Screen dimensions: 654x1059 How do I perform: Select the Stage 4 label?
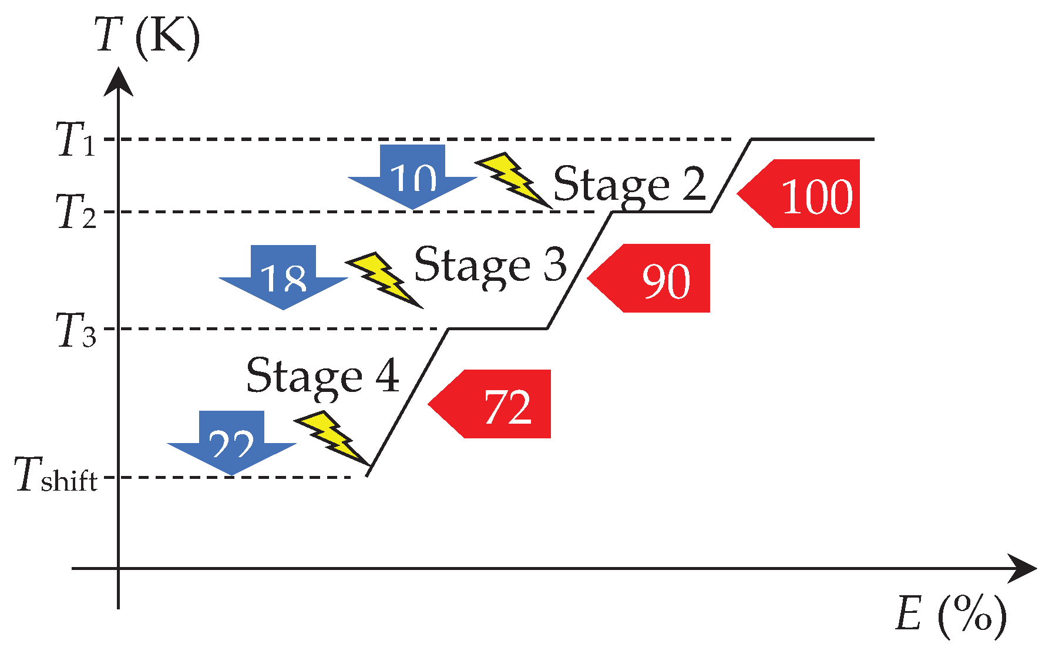point(322,376)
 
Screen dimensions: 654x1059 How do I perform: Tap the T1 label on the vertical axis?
point(75,140)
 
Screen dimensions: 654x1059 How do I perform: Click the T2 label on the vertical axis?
point(75,212)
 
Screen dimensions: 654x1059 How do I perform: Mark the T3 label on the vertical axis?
point(75,329)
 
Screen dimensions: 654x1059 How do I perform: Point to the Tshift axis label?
point(56,476)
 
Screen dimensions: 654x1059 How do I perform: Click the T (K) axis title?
point(147,36)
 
